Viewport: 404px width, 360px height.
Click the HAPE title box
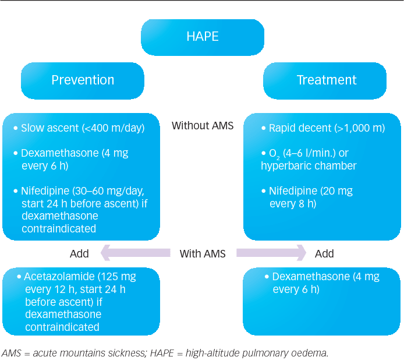click(203, 37)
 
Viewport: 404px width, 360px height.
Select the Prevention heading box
click(83, 81)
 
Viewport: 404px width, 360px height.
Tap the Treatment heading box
click(325, 81)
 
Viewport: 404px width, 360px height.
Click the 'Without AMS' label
click(203, 126)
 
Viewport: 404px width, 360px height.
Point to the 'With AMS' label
click(203, 254)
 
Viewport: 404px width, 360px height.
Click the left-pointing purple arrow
click(136, 253)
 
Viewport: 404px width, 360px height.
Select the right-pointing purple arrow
click(271, 253)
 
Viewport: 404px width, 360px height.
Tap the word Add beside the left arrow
click(79, 254)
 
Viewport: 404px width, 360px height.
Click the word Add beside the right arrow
click(324, 254)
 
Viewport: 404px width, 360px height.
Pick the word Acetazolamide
click(59, 277)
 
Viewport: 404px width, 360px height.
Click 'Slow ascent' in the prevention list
click(50, 128)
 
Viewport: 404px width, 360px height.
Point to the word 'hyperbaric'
click(285, 166)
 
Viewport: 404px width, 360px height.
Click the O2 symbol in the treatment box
click(274, 154)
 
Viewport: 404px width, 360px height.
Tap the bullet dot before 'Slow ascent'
click(16, 128)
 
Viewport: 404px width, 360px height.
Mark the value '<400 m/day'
click(114, 128)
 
